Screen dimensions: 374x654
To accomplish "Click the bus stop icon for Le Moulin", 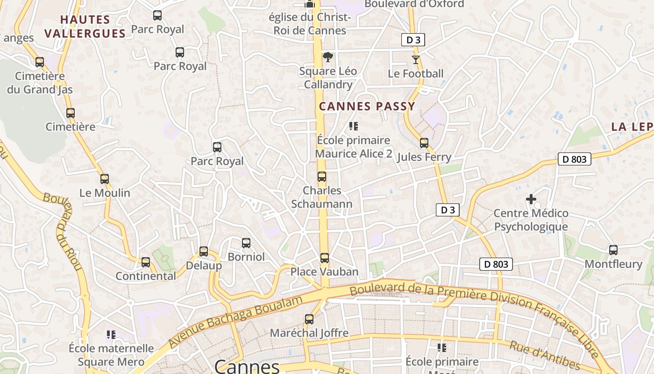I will coord(105,179).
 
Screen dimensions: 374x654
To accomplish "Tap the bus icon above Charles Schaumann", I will coord(322,177).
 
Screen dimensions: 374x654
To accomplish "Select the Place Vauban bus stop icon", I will coord(325,258).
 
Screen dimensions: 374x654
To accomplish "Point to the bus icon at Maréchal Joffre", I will coord(309,319).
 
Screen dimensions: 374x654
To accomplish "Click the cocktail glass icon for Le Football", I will coord(415,59).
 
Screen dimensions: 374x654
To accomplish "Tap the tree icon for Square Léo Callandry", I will coord(328,57).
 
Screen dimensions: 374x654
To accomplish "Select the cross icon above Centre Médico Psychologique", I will coord(531,199).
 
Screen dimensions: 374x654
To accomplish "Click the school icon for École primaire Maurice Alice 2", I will coord(354,126).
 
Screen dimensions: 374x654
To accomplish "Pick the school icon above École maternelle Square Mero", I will coord(111,334).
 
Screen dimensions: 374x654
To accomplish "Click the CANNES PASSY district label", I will coord(367,106).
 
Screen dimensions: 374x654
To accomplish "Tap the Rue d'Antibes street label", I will coord(544,355).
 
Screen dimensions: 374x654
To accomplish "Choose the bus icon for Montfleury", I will coord(613,250).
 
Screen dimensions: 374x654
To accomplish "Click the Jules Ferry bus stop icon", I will coord(424,143).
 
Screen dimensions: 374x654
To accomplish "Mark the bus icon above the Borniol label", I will coord(246,243).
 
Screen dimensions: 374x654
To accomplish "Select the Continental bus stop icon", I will coord(146,262).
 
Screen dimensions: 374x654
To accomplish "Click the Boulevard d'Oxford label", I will coord(414,4).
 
